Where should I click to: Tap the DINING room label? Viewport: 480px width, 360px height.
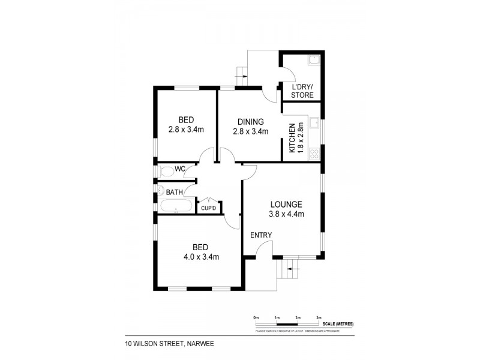[250, 122]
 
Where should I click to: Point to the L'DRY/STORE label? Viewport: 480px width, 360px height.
[302, 91]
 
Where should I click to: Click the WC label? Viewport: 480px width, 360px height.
[180, 169]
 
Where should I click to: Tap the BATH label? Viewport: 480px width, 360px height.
[175, 192]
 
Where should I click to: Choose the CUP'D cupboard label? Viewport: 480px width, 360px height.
[208, 208]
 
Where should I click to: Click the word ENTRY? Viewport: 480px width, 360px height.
[261, 235]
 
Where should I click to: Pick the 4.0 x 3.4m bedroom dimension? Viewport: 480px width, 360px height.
[200, 257]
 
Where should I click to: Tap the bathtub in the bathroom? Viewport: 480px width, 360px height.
[176, 208]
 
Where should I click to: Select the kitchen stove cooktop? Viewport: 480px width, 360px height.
[314, 154]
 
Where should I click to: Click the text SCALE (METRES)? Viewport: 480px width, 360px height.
[337, 324]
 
